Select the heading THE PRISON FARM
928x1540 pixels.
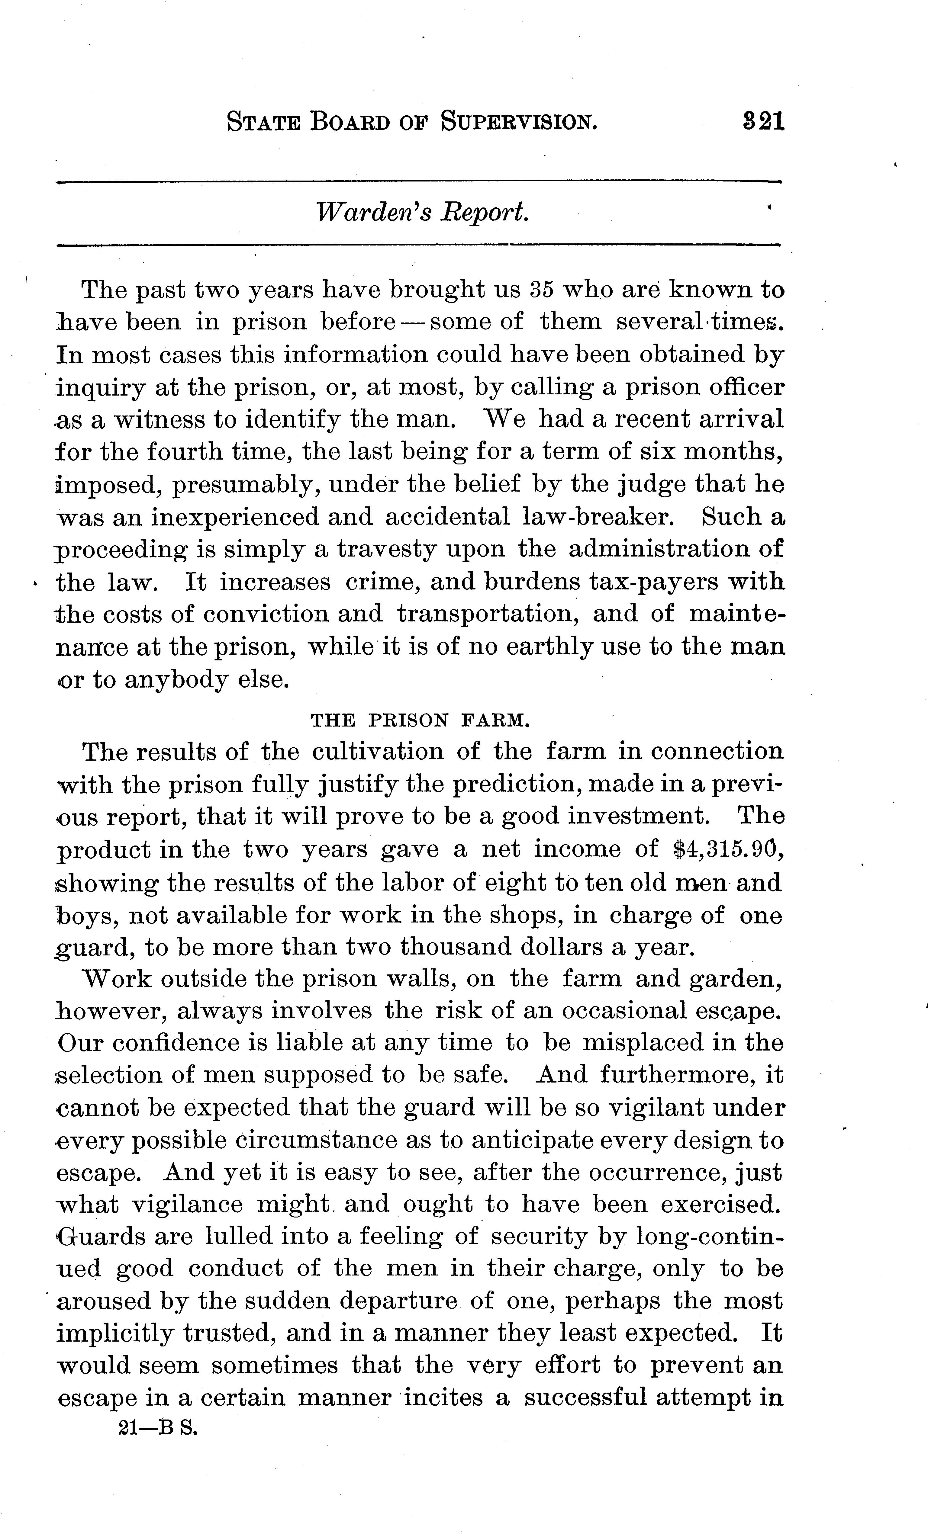(x=420, y=720)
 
